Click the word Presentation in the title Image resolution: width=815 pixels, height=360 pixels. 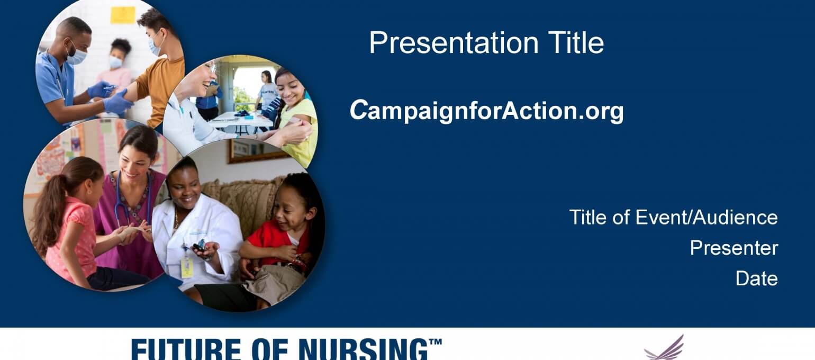(x=454, y=42)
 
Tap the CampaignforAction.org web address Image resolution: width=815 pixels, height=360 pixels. (x=487, y=110)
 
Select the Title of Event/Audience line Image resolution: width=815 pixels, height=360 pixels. (x=674, y=217)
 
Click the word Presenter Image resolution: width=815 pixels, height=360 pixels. (x=734, y=248)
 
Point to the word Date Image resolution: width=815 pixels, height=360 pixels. (x=756, y=278)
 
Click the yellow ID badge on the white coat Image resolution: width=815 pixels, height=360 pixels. (x=187, y=268)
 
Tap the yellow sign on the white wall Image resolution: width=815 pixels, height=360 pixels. (x=123, y=15)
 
